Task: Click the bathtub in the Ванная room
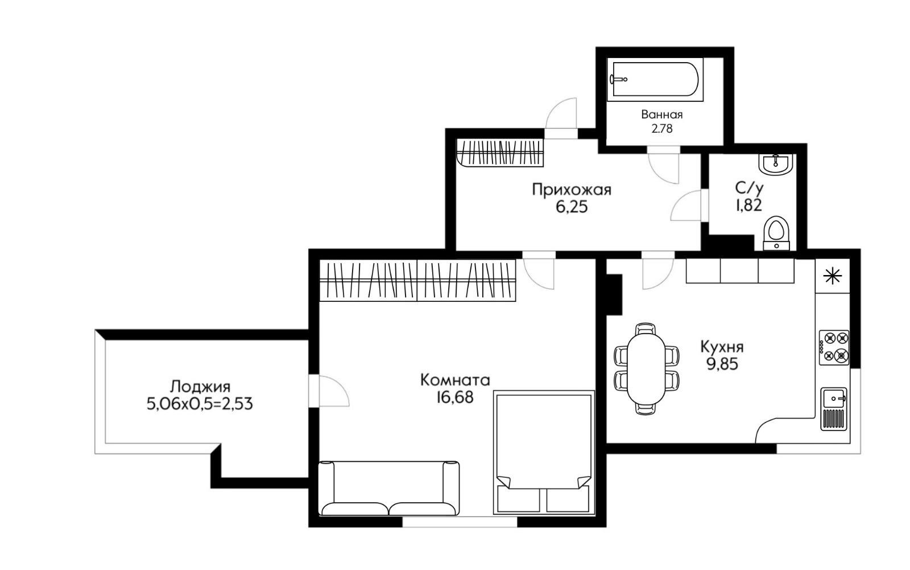655,79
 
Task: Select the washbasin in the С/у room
776,165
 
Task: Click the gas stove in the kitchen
834,347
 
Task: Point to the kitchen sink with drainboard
834,409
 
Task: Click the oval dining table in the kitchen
646,368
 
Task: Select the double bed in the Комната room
544,453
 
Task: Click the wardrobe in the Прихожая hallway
500,153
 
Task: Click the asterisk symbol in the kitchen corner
833,276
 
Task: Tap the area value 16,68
455,397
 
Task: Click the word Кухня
722,347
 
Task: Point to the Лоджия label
200,386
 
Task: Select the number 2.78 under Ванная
662,129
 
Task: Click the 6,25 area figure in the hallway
572,207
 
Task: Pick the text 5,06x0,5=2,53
200,404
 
